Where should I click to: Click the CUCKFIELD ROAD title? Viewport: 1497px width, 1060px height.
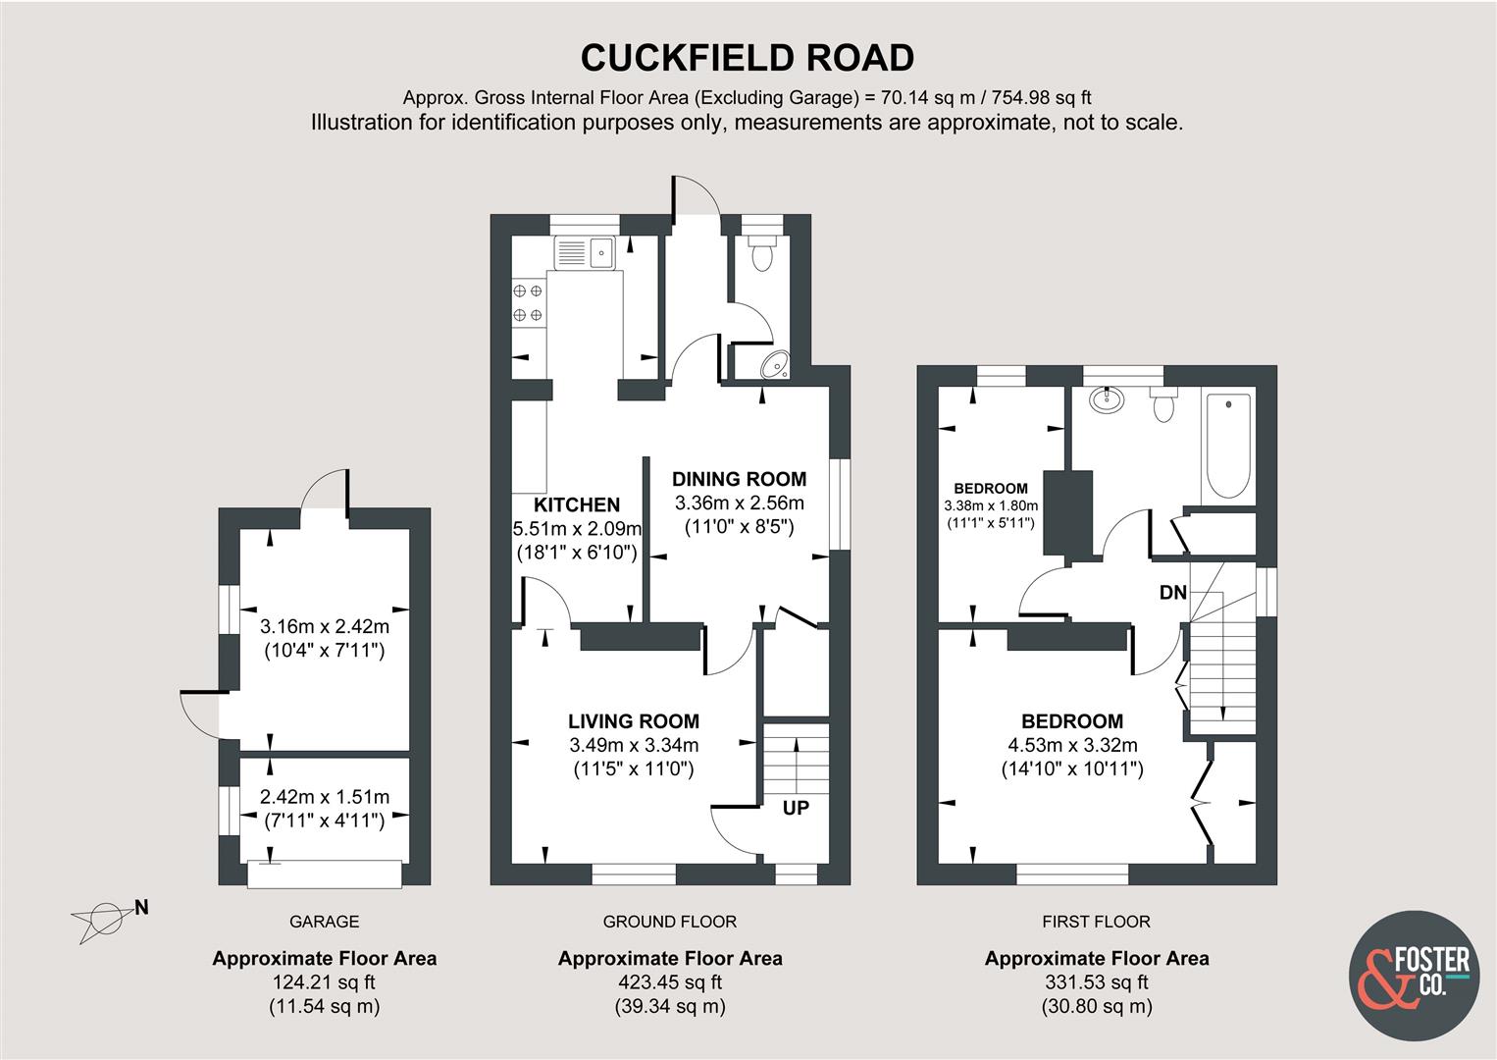point(748,58)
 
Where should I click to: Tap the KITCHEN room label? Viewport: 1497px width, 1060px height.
point(577,504)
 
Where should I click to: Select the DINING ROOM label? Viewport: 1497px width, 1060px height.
point(739,479)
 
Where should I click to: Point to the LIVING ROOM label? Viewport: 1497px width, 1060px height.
point(634,721)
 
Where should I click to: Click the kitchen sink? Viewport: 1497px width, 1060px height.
point(585,253)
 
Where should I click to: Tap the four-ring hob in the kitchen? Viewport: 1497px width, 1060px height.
point(528,303)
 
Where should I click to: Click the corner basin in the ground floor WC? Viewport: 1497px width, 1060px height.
point(776,364)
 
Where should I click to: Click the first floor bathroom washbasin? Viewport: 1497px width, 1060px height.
point(1107,399)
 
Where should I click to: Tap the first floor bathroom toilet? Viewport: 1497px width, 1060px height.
point(1164,404)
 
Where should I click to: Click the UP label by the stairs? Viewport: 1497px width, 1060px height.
point(796,808)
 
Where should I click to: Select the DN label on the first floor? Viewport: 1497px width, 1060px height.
point(1173,592)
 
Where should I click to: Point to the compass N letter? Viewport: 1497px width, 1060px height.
point(141,908)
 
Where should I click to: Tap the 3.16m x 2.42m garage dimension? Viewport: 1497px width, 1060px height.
point(325,626)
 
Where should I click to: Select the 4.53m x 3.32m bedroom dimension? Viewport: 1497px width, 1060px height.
point(1072,745)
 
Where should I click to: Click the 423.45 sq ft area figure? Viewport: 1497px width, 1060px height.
point(670,982)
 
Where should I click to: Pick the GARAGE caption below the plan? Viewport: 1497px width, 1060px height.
point(324,922)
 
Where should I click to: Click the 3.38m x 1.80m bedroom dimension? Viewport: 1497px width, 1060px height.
point(991,505)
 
